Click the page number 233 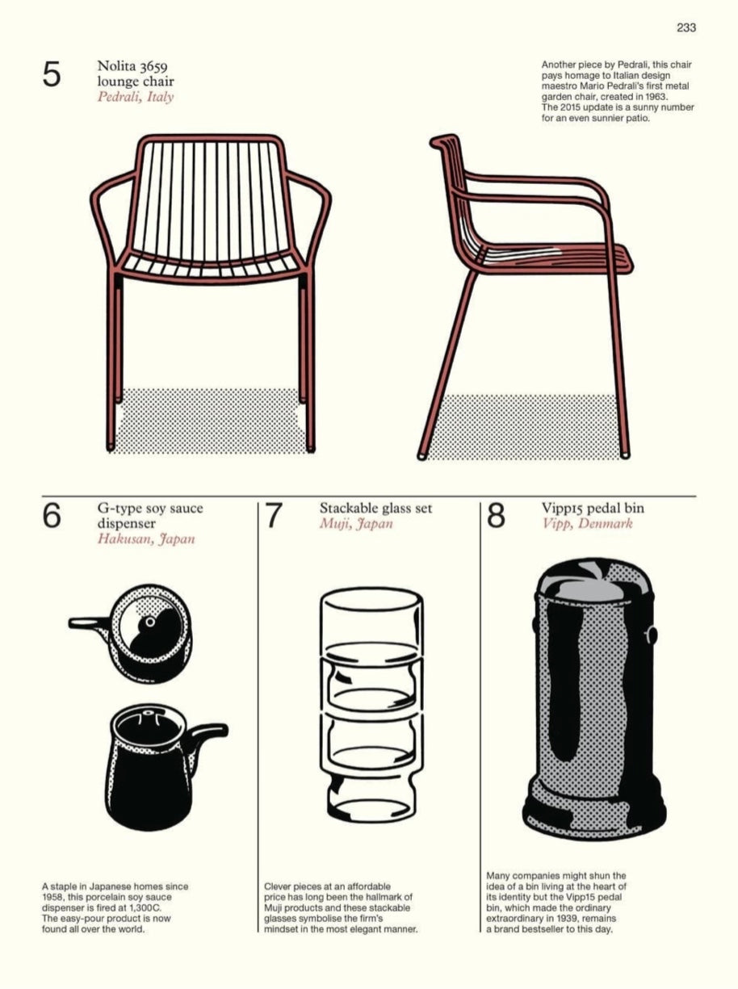pyautogui.click(x=686, y=27)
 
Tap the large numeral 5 pyautogui.click(x=52, y=74)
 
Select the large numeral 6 pyautogui.click(x=52, y=516)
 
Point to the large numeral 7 pyautogui.click(x=274, y=516)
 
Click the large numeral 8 pyautogui.click(x=496, y=516)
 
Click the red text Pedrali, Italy pyautogui.click(x=136, y=97)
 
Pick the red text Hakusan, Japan pyautogui.click(x=146, y=539)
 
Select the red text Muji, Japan pyautogui.click(x=356, y=523)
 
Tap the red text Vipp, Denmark pyautogui.click(x=588, y=523)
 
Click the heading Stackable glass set pyautogui.click(x=375, y=509)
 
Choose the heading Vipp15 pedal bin pyautogui.click(x=593, y=509)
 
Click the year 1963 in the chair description pyautogui.click(x=656, y=97)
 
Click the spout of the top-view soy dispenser pyautogui.click(x=89, y=622)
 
